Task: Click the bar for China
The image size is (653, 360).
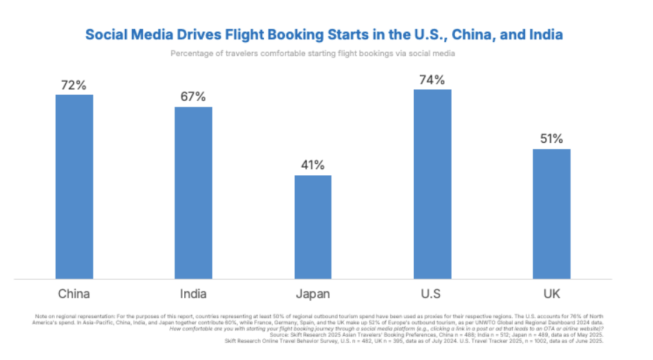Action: tap(74, 186)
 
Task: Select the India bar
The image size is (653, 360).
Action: tap(193, 192)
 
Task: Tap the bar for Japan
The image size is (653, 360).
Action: tap(313, 227)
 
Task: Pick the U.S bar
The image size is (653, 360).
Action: tap(432, 184)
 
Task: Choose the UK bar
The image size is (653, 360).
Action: tap(551, 214)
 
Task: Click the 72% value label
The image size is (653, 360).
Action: tap(74, 85)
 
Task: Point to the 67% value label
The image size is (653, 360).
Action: tap(193, 97)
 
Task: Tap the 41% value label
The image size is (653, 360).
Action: tap(313, 165)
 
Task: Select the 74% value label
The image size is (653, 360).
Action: tap(432, 79)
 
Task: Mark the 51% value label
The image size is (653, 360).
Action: tap(551, 139)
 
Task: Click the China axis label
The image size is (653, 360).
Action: tap(74, 295)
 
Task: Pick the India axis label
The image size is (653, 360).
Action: tap(193, 295)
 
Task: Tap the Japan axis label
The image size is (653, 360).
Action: tap(313, 295)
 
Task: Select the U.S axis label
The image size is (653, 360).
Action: tap(432, 295)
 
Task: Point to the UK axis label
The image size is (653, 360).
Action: tap(551, 295)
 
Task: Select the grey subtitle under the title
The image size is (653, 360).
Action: tap(312, 53)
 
